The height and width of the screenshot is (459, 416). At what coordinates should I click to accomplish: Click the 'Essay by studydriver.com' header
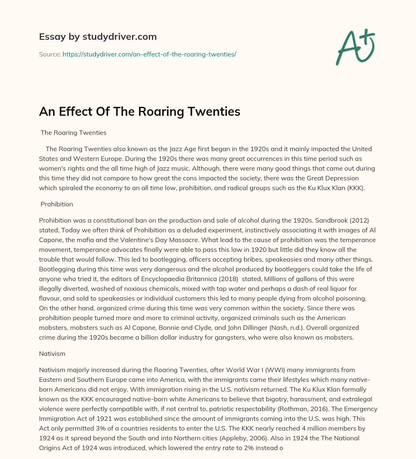98,37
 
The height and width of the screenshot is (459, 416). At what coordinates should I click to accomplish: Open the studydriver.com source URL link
149,54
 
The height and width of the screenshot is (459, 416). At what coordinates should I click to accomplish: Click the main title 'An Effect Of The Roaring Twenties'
140,112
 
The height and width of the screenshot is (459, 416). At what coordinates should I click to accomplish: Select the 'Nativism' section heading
52,354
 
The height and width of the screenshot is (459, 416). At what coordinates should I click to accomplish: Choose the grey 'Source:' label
50,54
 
